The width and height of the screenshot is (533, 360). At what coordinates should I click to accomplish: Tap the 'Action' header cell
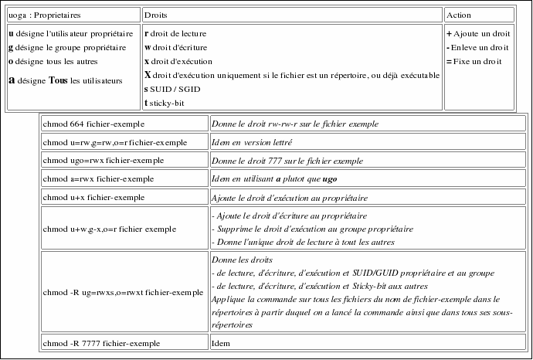(x=459, y=15)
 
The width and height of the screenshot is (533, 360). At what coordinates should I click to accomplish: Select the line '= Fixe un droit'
(x=474, y=61)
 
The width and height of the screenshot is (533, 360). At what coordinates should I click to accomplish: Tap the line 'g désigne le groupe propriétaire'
(x=65, y=48)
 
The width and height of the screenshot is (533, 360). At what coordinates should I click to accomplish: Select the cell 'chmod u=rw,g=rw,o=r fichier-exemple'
(x=116, y=142)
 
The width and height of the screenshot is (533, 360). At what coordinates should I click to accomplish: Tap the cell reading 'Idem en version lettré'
(x=252, y=142)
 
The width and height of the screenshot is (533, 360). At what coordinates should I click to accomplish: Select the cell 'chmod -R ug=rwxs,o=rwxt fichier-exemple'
(x=124, y=294)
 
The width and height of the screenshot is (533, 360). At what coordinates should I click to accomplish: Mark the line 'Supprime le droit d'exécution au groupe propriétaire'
(x=312, y=229)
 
